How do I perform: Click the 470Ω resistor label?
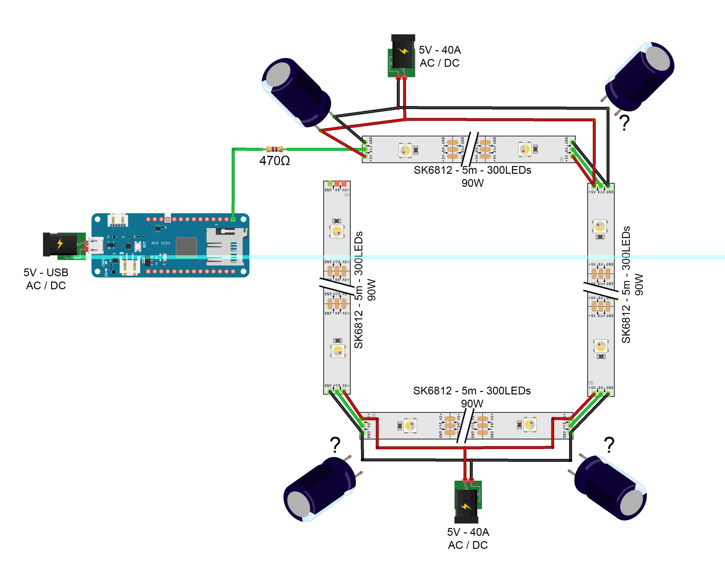click(x=274, y=161)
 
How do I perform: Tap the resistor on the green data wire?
click(x=274, y=149)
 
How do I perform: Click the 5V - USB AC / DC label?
click(x=46, y=279)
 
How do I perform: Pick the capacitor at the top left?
click(x=296, y=93)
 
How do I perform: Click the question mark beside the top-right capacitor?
click(x=624, y=123)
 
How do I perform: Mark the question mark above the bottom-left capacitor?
click(x=335, y=445)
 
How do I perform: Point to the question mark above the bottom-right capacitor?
click(x=609, y=445)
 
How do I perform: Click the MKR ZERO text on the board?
click(x=161, y=243)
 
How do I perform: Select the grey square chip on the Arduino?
click(x=186, y=247)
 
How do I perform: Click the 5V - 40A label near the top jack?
click(x=440, y=50)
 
